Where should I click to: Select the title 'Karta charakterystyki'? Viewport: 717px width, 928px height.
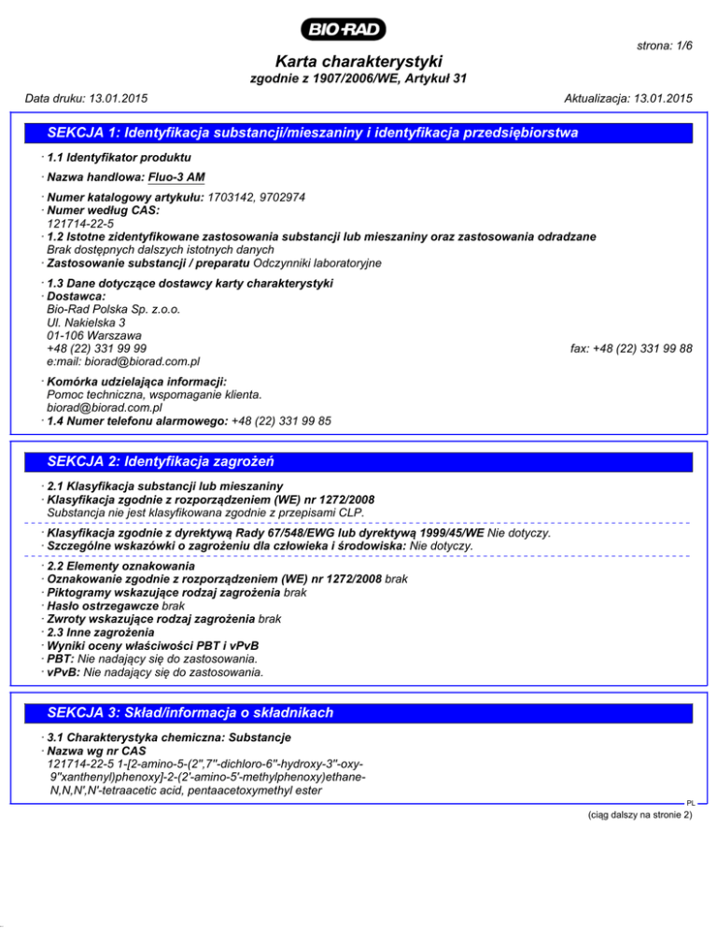point(358,60)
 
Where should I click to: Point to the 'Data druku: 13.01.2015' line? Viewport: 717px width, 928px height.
point(89,98)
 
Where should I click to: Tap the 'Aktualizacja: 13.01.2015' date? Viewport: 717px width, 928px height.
point(629,98)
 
